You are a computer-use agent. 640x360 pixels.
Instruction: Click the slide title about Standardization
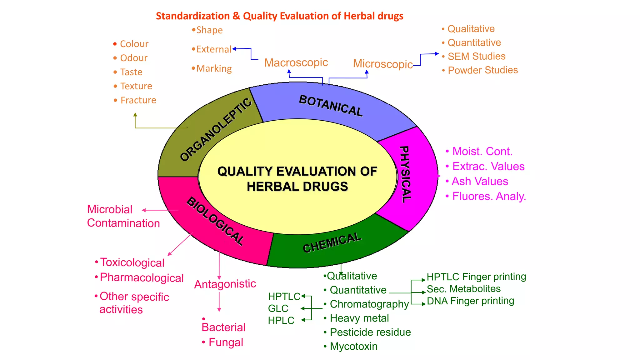tap(279, 16)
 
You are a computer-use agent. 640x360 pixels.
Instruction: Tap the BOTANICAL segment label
tap(331, 106)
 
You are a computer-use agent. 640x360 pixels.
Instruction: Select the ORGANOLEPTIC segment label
tap(216, 129)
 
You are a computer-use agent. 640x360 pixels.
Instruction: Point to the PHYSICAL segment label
tap(405, 174)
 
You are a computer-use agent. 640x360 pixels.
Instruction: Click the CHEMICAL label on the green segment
tap(332, 243)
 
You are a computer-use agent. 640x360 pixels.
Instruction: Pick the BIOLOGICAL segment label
tap(215, 221)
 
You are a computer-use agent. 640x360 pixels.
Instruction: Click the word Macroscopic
tap(296, 63)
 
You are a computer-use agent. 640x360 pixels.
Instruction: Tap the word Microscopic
tap(383, 64)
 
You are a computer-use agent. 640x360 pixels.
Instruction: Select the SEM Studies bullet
tap(476, 57)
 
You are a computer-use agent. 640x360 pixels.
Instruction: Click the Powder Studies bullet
tap(482, 70)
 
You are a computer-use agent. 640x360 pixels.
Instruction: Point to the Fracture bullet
tap(138, 100)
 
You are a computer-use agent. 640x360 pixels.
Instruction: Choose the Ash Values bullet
tap(480, 182)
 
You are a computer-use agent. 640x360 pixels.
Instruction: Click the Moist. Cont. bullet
tap(482, 152)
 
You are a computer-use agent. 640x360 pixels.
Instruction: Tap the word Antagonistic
tap(225, 284)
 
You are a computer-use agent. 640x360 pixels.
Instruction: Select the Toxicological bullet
tap(132, 263)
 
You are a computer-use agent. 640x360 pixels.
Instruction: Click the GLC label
tap(278, 308)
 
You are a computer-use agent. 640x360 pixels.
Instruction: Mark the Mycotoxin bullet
tap(353, 347)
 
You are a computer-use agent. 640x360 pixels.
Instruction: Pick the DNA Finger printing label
tap(470, 301)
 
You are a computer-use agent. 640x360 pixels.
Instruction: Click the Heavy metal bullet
tap(359, 318)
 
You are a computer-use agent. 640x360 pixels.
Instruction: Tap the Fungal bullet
tap(226, 342)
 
